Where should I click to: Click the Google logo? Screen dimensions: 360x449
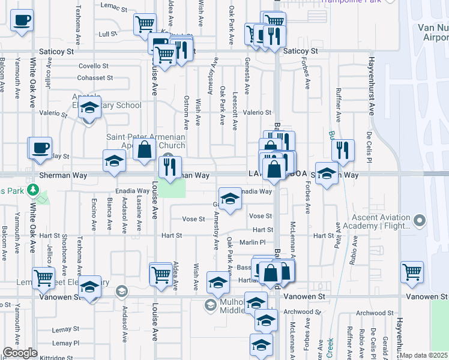coord(20,353)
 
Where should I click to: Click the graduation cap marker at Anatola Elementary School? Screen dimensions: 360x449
coord(89,108)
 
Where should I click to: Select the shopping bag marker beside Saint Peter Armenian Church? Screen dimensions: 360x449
coord(145,150)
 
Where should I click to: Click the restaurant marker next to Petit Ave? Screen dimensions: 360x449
coord(343,151)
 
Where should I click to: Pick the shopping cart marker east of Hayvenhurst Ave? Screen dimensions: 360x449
coord(412,272)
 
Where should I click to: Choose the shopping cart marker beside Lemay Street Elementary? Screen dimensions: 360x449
coord(44,278)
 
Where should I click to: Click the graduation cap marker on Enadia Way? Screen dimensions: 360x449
coord(229,200)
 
